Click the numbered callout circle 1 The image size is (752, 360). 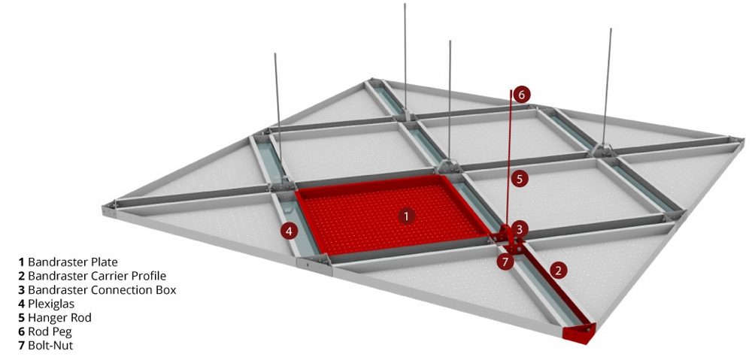pyautogui.click(x=406, y=216)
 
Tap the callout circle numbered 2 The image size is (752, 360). pyautogui.click(x=558, y=271)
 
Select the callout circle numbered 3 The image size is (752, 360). pyautogui.click(x=520, y=229)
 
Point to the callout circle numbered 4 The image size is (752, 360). pyautogui.click(x=289, y=231)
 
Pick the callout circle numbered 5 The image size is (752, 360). pyautogui.click(x=520, y=179)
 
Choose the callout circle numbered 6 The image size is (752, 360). pyautogui.click(x=522, y=95)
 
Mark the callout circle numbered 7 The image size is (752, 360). pyautogui.click(x=505, y=262)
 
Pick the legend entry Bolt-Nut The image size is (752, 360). pyautogui.click(x=50, y=345)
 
